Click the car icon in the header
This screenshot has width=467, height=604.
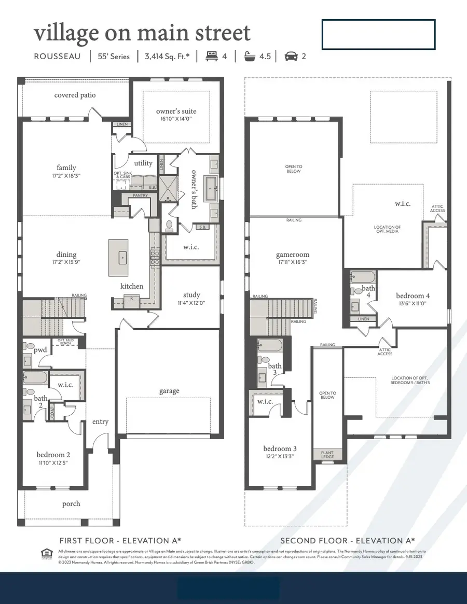pyautogui.click(x=291, y=56)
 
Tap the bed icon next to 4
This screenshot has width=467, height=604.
pyautogui.click(x=212, y=56)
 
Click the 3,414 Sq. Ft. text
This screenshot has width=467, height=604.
pyautogui.click(x=168, y=56)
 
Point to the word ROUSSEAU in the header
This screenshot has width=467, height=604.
pyautogui.click(x=57, y=56)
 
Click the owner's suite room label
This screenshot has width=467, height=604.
pyautogui.click(x=176, y=111)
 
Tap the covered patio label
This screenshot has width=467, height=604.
pyautogui.click(x=75, y=95)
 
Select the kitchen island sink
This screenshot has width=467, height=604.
pyautogui.click(x=123, y=257)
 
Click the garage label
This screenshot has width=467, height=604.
pyautogui.click(x=169, y=391)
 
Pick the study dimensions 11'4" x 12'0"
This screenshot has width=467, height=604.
pyautogui.click(x=191, y=303)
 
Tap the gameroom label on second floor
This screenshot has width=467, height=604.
pyautogui.click(x=293, y=255)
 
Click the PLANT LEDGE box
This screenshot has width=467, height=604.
pyautogui.click(x=327, y=455)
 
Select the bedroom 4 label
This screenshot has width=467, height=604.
pyautogui.click(x=413, y=296)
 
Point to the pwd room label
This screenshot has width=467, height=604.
pyautogui.click(x=40, y=350)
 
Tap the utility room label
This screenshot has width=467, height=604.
pyautogui.click(x=143, y=163)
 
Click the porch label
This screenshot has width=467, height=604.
pyautogui.click(x=71, y=503)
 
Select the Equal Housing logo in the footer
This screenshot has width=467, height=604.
pyautogui.click(x=46, y=554)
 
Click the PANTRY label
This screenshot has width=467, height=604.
pyautogui.click(x=140, y=195)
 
